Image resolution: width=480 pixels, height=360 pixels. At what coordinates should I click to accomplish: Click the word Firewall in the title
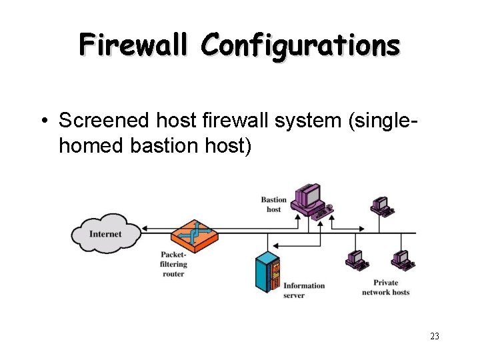pyautogui.click(x=136, y=45)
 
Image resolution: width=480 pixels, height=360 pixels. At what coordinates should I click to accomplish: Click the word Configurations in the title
pyautogui.click(x=301, y=45)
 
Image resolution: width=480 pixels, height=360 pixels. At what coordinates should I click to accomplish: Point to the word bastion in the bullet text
pyautogui.click(x=161, y=145)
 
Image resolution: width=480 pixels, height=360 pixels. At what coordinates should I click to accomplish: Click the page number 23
pyautogui.click(x=434, y=336)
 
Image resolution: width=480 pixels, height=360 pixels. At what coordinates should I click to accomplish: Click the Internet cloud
pyautogui.click(x=106, y=233)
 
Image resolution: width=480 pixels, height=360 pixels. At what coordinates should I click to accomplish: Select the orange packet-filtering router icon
pyautogui.click(x=194, y=235)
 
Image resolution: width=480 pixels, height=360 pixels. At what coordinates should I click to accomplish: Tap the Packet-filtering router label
pyautogui.click(x=173, y=264)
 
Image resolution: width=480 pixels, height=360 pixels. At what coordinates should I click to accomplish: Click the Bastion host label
pyautogui.click(x=273, y=204)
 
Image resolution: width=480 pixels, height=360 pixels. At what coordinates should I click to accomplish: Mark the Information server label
pyautogui.click(x=304, y=290)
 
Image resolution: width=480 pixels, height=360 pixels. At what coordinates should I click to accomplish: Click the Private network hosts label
pyautogui.click(x=385, y=287)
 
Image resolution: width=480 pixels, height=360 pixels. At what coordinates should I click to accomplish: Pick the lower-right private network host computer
pyautogui.click(x=402, y=259)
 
